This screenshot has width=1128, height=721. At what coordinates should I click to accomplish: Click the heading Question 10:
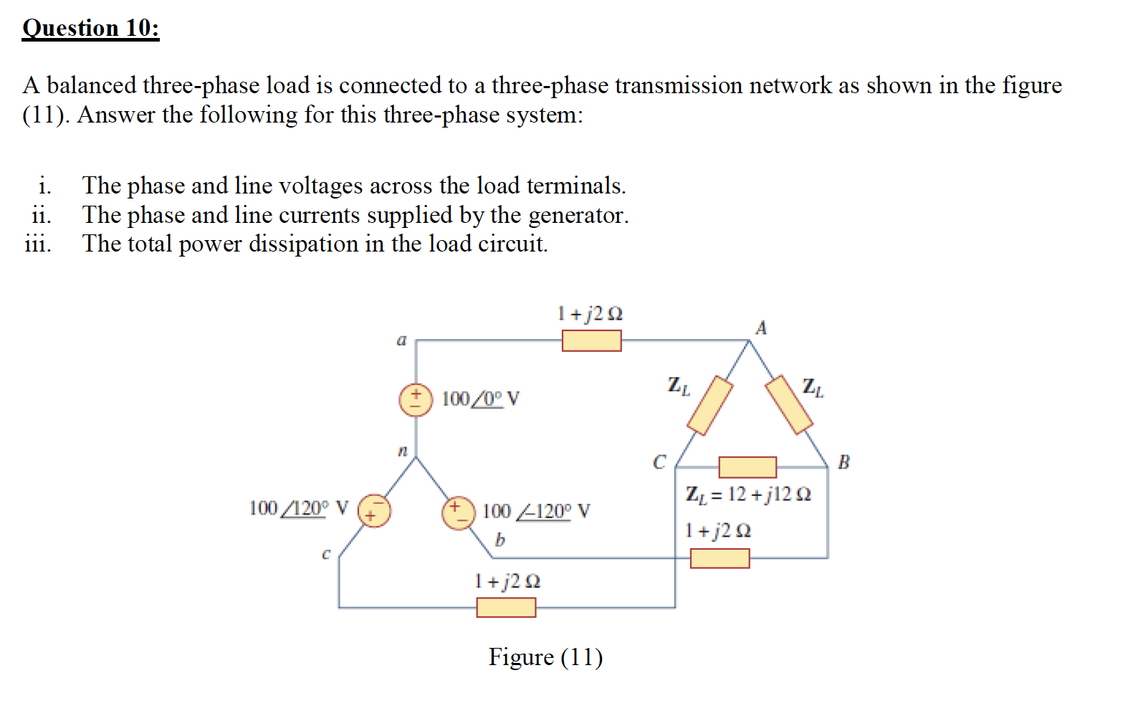[x=91, y=29]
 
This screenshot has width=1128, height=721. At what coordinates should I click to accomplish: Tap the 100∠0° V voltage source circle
[x=416, y=400]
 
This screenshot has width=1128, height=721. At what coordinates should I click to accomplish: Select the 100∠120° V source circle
[x=374, y=510]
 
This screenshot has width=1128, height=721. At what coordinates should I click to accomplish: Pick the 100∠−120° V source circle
[x=459, y=513]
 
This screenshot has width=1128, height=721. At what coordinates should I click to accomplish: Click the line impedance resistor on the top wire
[x=591, y=340]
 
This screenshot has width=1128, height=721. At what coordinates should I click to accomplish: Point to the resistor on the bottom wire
[x=506, y=608]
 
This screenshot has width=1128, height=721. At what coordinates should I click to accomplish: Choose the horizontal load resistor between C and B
[x=747, y=467]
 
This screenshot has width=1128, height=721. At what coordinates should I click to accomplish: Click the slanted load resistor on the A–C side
[x=709, y=405]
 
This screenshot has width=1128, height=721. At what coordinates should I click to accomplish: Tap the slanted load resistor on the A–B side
[x=788, y=405]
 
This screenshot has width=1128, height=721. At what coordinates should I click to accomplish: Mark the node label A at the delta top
[x=761, y=328]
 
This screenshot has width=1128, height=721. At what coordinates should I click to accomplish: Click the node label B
[x=843, y=462]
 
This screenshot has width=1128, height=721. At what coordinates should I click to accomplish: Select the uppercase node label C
[x=659, y=462]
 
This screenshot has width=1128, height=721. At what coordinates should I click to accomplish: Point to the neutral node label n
[x=402, y=452]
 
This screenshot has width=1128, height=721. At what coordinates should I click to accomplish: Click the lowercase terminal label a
[x=401, y=340]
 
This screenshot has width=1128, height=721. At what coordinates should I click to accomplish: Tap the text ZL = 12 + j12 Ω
[x=748, y=495]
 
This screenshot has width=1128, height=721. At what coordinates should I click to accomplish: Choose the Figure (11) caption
[x=545, y=657]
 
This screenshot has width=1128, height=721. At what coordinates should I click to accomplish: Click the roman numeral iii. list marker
[x=38, y=244]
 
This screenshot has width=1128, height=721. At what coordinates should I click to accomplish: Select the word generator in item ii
[x=578, y=215]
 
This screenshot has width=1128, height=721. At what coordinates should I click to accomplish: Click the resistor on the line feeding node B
[x=720, y=558]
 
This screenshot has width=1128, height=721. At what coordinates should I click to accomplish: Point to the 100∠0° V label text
[x=480, y=398]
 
